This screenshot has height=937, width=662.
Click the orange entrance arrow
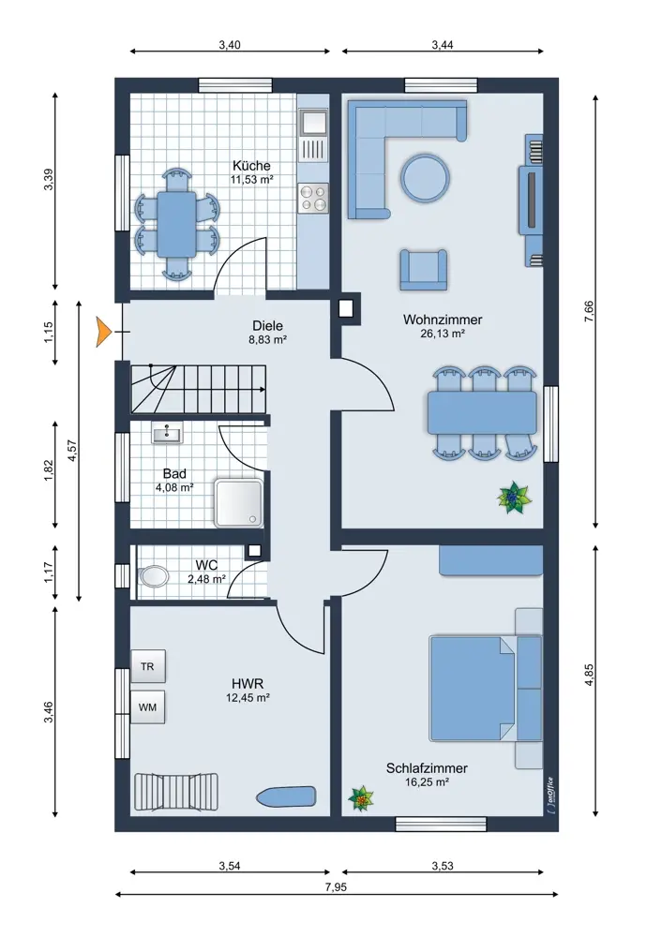coord(103,332)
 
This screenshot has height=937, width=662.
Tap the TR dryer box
coord(148,665)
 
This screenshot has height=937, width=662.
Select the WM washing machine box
coord(148,706)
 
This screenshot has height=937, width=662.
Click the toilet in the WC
coord(153,576)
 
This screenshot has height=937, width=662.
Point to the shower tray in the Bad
coord(239,502)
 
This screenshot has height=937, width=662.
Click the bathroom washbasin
coord(168,433)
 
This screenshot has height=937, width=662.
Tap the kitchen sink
coord(313,123)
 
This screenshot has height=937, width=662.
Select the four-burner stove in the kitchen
coord(313,198)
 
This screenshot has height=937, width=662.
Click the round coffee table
coord(425,177)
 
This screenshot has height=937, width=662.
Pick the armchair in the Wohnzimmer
coord(424,270)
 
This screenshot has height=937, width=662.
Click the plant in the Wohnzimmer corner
coord(514,498)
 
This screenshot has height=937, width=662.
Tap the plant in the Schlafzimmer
coord(361,798)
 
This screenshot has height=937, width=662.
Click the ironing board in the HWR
coord(286,796)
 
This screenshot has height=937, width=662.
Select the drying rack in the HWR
coord(175,793)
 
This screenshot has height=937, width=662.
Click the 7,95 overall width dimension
coord(336,886)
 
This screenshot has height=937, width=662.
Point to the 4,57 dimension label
coord(72,451)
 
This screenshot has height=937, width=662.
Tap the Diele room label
coord(267,326)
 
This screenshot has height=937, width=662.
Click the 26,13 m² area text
coord(443,334)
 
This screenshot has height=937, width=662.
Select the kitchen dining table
coord(176,224)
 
